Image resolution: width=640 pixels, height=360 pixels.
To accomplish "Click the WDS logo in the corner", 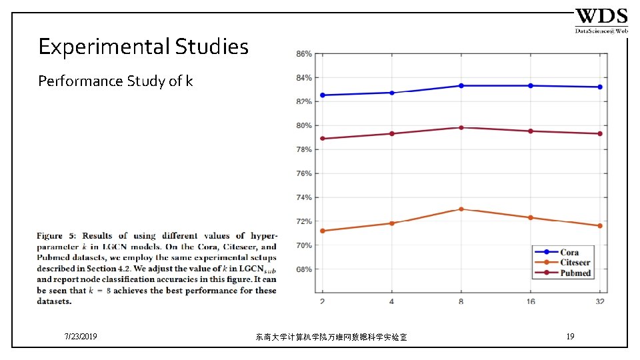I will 601,21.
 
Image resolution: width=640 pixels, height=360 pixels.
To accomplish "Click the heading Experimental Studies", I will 143,47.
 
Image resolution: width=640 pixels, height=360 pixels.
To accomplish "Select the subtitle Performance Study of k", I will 115,81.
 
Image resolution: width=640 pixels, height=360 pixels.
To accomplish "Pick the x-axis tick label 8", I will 461,302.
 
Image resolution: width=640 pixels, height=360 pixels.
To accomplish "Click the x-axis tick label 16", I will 531,302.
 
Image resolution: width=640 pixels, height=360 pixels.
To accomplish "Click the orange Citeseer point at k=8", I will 461,209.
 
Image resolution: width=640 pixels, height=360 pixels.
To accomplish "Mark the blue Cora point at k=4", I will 392,93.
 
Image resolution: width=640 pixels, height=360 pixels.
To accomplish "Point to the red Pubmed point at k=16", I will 531,131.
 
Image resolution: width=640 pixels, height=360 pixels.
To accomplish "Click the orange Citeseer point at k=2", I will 323,231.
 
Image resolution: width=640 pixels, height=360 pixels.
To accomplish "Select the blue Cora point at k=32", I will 600,87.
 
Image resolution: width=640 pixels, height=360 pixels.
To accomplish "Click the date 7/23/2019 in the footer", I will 81,337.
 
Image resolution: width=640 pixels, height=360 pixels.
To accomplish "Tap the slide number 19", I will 570,337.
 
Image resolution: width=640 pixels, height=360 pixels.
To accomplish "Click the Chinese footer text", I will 331,337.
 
